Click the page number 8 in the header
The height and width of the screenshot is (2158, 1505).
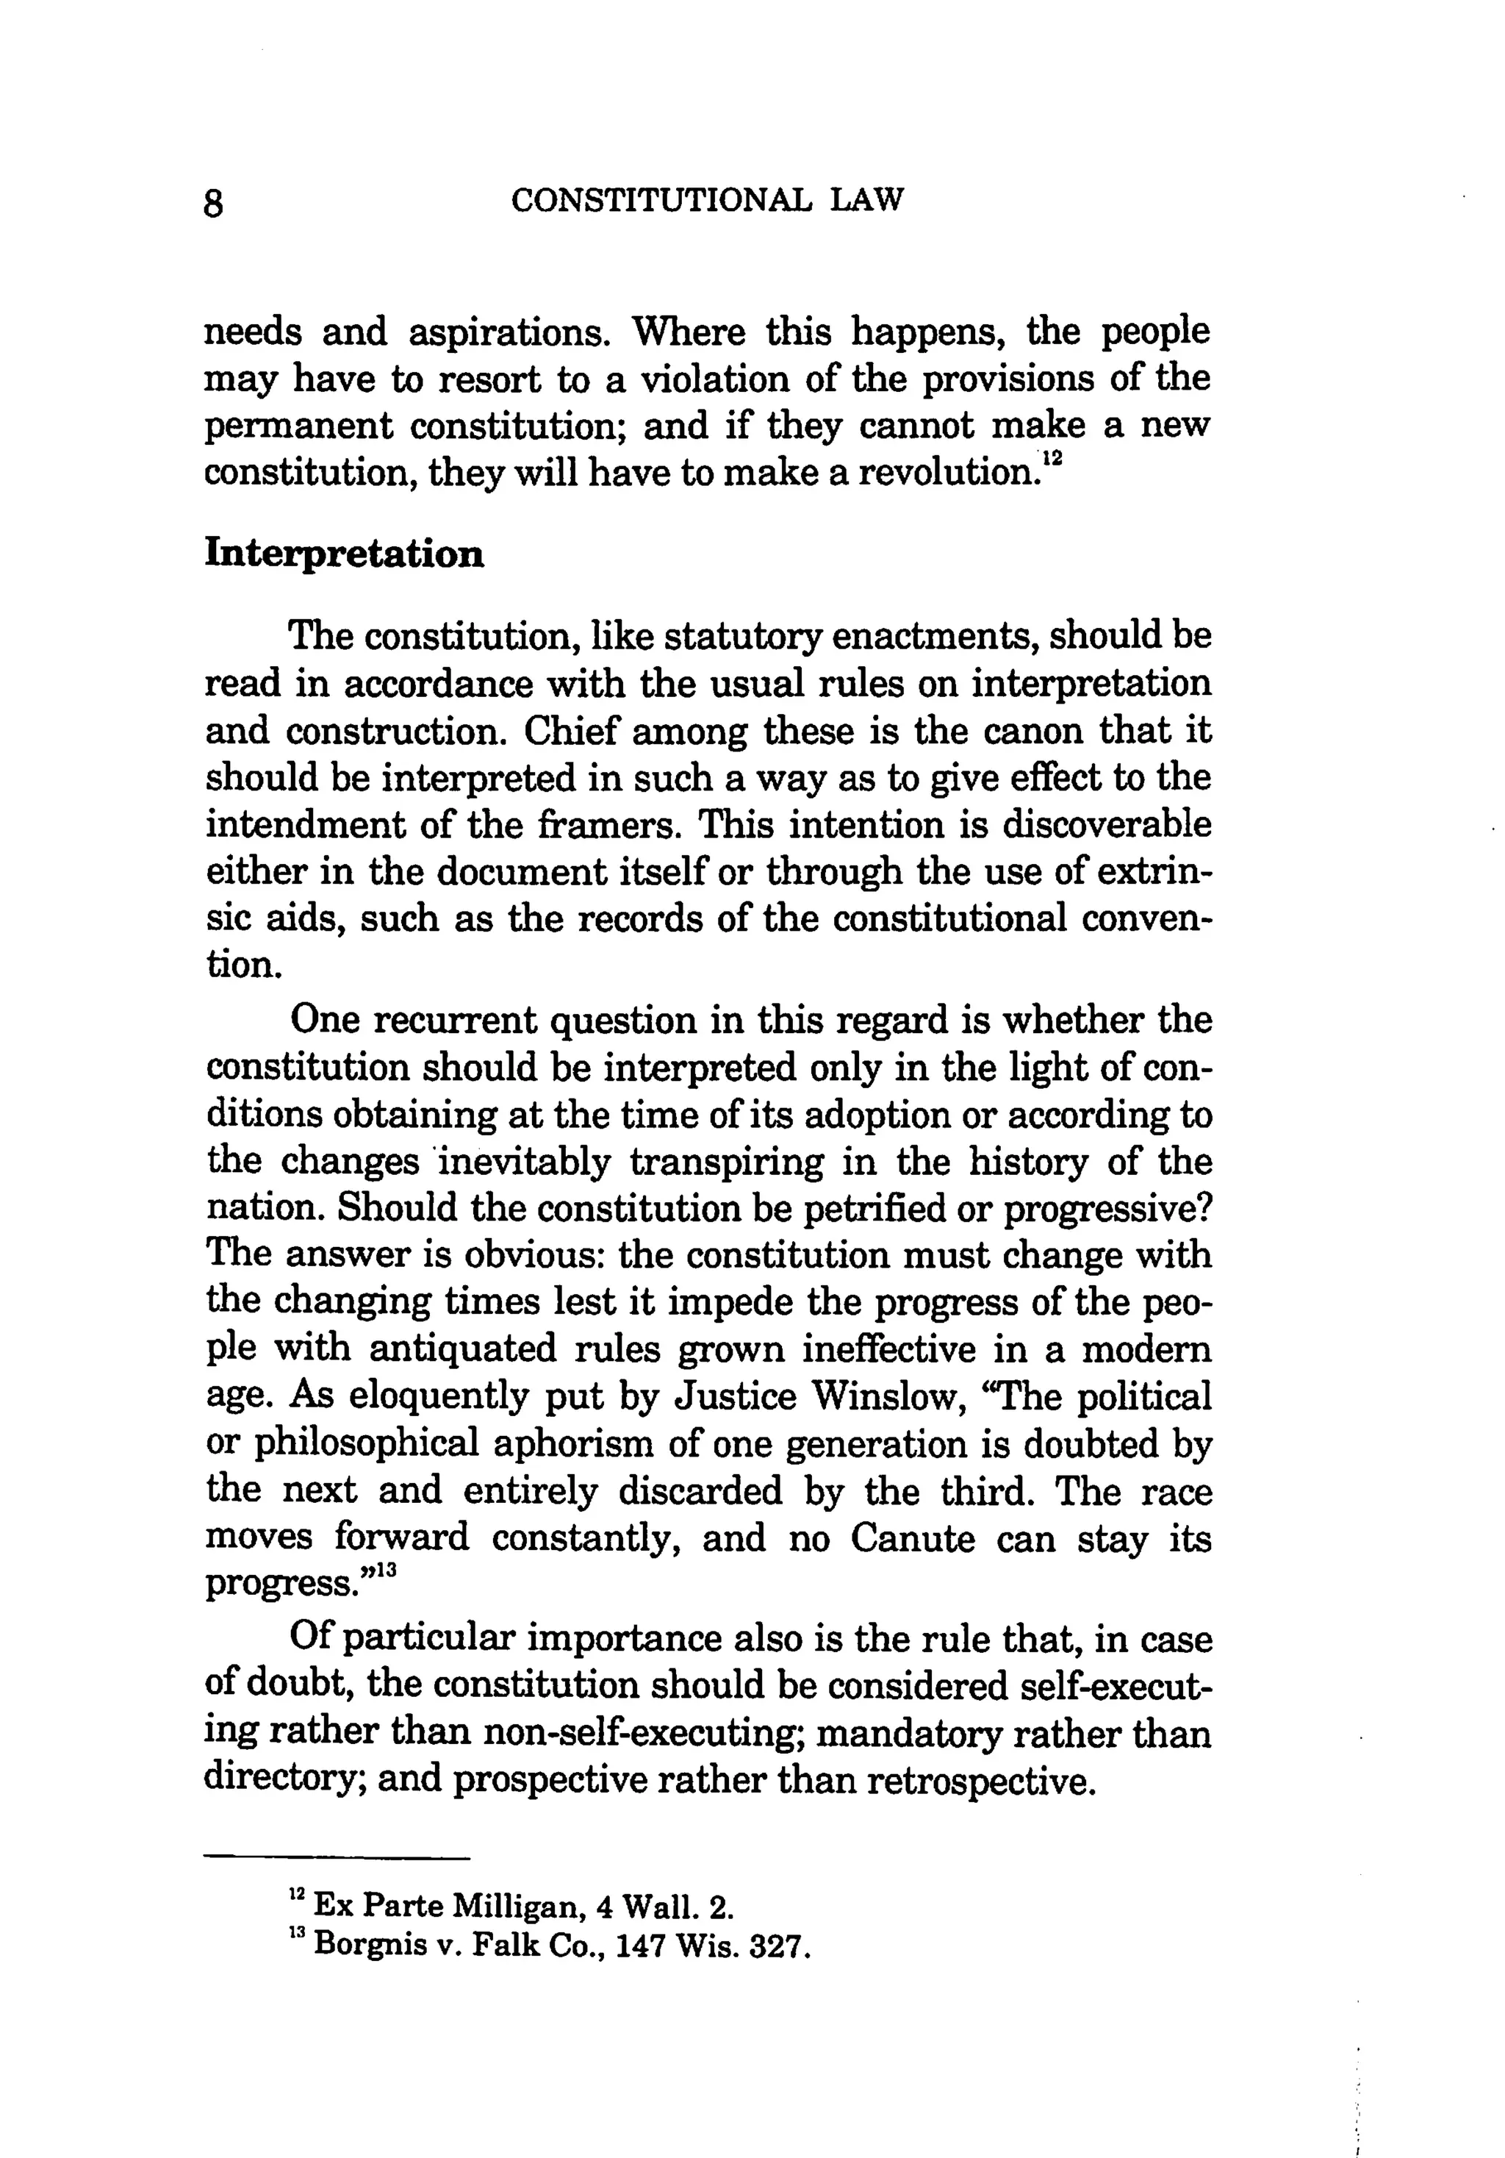tap(214, 203)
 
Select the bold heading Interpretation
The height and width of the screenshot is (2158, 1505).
tap(345, 554)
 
